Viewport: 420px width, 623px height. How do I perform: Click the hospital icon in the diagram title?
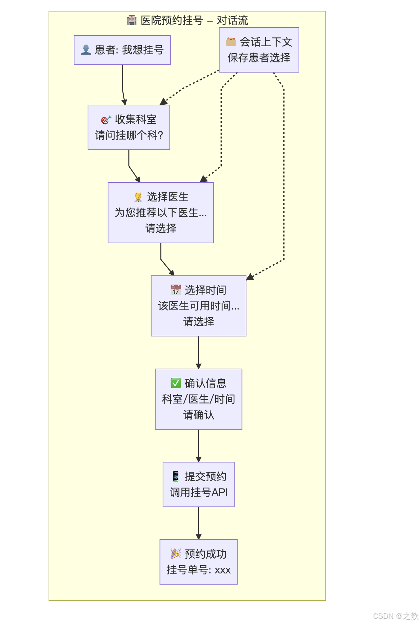(x=132, y=20)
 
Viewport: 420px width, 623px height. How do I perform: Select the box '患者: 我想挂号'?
(x=122, y=50)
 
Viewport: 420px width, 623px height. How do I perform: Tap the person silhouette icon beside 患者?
(x=86, y=50)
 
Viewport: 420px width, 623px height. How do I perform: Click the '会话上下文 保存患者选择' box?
(x=259, y=50)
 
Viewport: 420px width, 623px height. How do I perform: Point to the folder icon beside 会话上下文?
(x=231, y=42)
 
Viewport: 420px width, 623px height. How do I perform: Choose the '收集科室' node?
(x=129, y=127)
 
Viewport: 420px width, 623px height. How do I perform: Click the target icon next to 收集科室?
(x=106, y=120)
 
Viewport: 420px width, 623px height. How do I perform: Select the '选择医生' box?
(x=161, y=213)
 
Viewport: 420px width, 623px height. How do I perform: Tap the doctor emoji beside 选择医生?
(x=138, y=197)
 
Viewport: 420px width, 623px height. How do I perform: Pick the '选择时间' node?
(x=199, y=306)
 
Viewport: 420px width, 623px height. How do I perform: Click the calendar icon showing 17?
(x=176, y=290)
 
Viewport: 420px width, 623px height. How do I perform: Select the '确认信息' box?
(x=199, y=399)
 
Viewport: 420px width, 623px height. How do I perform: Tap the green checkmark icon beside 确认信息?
(x=176, y=383)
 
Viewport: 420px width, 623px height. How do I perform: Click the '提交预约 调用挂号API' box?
(x=199, y=484)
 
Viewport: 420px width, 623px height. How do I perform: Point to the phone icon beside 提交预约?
(x=176, y=476)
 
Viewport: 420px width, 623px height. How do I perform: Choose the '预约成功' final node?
(x=199, y=562)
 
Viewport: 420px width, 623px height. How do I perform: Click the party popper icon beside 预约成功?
(x=176, y=554)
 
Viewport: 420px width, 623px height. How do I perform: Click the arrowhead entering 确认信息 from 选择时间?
(x=199, y=366)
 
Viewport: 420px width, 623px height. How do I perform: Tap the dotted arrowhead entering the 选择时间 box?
(x=250, y=277)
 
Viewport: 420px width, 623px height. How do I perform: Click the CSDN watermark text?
(x=395, y=616)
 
